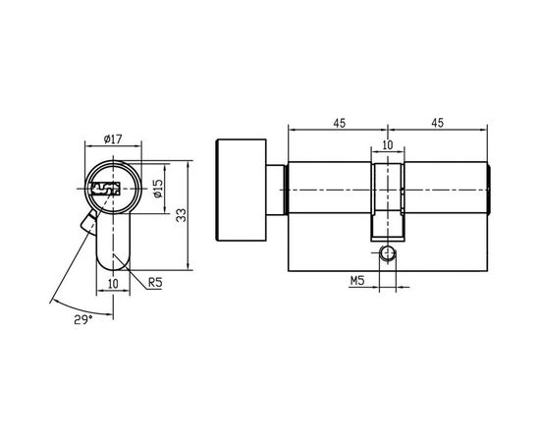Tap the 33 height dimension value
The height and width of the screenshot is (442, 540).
click(x=181, y=214)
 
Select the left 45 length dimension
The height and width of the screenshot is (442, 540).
click(x=338, y=123)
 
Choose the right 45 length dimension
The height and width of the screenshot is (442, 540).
click(x=438, y=123)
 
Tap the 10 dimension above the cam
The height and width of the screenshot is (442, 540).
click(x=387, y=145)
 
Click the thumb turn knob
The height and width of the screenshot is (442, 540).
click(x=239, y=190)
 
